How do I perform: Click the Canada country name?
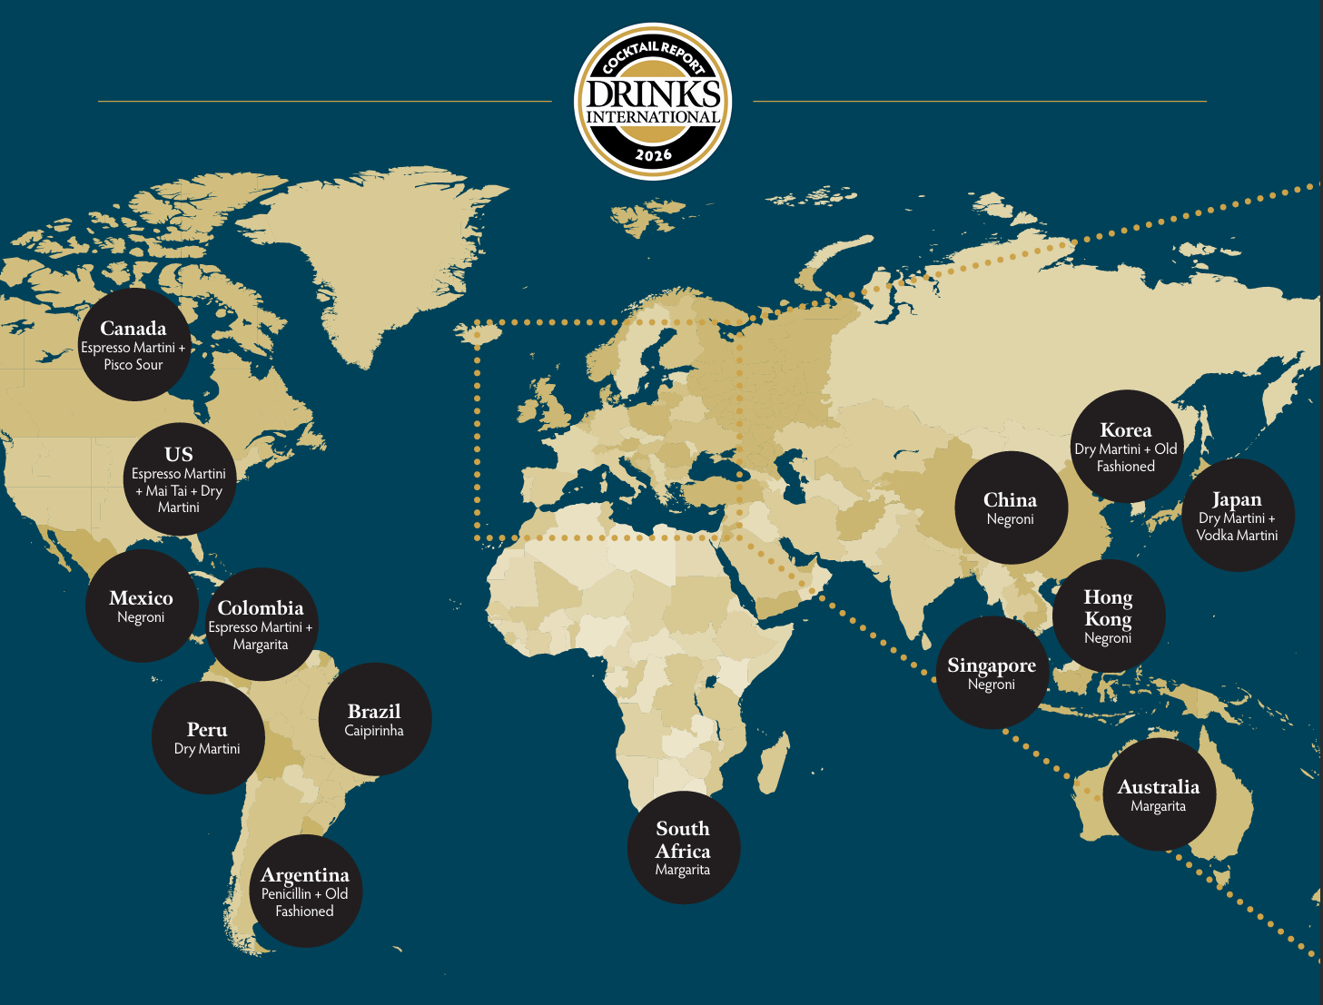coord(133,329)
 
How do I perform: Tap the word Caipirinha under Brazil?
coord(374,731)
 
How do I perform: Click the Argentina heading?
coord(305,875)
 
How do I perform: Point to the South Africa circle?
coord(683,847)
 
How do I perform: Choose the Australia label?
coord(1159,788)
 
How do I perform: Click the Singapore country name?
coord(992,665)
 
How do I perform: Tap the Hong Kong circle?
coord(1108,616)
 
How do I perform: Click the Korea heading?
coord(1126,430)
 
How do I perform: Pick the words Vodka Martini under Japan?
coord(1237,536)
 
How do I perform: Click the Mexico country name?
coord(141,598)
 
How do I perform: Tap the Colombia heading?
coord(261,608)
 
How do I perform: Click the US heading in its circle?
coord(179,455)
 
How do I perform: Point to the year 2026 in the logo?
coord(653,155)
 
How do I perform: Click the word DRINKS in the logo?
coord(653,94)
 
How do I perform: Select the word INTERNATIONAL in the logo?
coord(653,117)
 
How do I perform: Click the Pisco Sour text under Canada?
coord(133,365)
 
